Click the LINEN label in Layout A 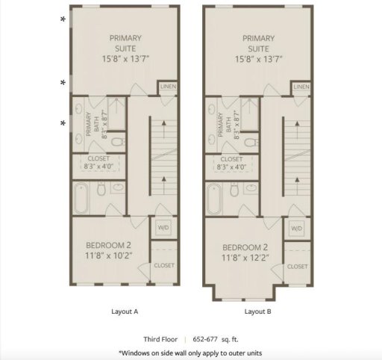point(167,87)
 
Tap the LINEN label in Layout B point(301,87)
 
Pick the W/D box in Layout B point(297,228)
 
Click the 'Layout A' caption point(125,311)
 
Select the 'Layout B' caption point(258,311)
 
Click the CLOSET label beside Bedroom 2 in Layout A point(164,266)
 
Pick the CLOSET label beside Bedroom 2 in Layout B point(297,266)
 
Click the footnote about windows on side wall point(191,353)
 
